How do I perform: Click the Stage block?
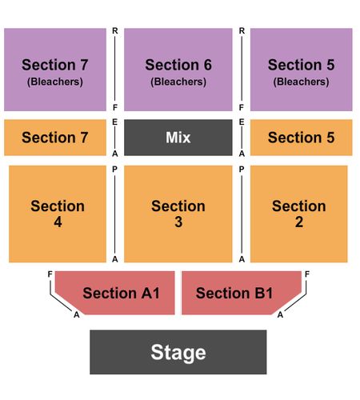tap(178, 352)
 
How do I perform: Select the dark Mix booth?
tap(178, 138)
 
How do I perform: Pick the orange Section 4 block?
tap(58, 214)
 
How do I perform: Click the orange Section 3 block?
tap(178, 214)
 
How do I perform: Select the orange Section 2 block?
tap(299, 214)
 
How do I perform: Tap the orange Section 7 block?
tap(55, 138)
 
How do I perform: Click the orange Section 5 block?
tap(302, 138)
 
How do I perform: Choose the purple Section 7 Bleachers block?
tap(55, 70)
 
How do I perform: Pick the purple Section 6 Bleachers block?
tap(178, 70)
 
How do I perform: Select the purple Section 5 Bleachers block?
tap(302, 70)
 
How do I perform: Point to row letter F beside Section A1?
tap(50, 274)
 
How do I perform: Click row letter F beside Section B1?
tap(307, 274)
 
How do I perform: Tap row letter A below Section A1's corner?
tap(77, 314)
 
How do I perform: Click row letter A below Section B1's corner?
tap(280, 314)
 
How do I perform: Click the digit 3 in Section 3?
tap(178, 222)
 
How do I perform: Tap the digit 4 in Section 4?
tap(58, 222)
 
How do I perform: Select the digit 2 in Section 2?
tap(299, 222)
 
